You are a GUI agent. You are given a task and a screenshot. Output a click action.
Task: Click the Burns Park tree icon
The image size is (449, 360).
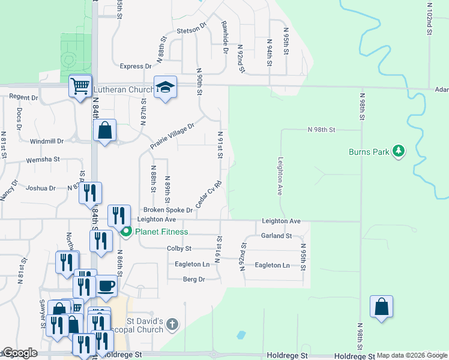tap(397, 152)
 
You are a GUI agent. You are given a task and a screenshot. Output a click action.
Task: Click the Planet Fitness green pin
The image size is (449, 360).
tap(126, 232)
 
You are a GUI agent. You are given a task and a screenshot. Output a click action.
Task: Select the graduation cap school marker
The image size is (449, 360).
tap(165, 88)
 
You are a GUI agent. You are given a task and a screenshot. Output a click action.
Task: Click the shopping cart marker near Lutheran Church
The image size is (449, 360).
tap(80, 86)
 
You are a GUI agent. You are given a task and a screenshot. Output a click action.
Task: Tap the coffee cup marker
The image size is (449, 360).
tap(106, 285)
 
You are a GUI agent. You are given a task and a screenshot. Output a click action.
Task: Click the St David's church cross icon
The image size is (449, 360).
tap(172, 325)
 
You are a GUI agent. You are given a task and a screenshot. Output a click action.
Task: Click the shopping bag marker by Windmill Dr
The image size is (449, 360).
tap(105, 131)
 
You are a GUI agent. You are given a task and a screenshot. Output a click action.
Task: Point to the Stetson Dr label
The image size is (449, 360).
tap(191, 28)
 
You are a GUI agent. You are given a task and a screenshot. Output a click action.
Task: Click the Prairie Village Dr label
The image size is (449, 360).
tap(173, 136)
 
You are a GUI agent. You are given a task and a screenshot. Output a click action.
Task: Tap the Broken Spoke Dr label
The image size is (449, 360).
tap(167, 210)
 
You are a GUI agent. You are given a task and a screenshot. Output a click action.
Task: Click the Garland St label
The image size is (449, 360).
tap(276, 236)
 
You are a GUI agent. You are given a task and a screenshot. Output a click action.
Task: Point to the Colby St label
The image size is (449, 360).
tap(179, 248)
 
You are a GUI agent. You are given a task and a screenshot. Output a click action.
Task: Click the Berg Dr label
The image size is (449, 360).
tap(194, 279)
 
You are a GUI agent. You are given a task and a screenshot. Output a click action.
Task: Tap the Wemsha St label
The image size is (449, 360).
tap(43, 160)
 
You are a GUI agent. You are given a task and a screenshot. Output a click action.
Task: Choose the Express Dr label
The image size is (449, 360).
tap(135, 67)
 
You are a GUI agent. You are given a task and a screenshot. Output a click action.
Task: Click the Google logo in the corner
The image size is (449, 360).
tap(20, 353)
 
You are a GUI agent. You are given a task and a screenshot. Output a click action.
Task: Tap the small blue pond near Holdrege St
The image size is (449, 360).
tap(241, 334)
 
